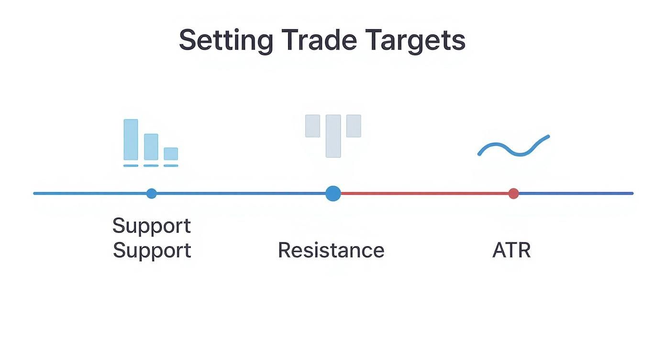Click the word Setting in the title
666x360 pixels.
[226, 41]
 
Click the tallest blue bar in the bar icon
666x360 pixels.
[131, 139]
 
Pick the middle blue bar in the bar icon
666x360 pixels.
[151, 146]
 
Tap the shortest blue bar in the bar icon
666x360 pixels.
[171, 154]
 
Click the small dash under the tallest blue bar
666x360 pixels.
[131, 166]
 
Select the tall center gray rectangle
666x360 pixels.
[333, 136]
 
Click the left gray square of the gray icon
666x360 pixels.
[312, 126]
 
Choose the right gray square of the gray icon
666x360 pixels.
[354, 126]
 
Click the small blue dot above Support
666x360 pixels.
[152, 193]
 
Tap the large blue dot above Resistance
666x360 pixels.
[333, 193]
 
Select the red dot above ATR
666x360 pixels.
[513, 193]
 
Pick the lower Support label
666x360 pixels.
[152, 251]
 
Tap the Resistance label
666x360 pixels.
[331, 250]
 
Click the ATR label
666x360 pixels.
[511, 250]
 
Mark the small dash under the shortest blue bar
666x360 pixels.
[171, 166]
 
